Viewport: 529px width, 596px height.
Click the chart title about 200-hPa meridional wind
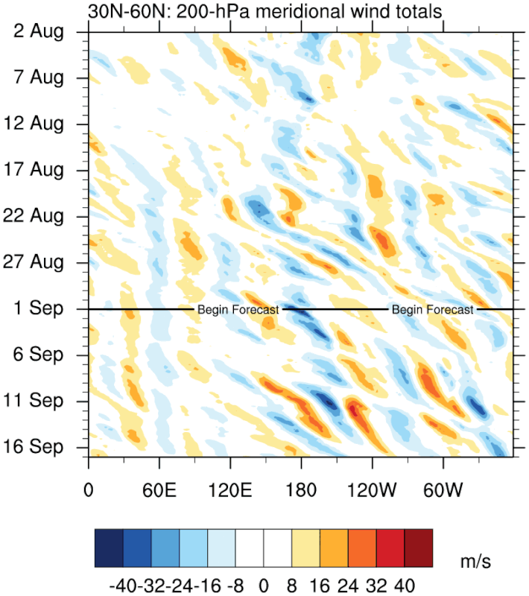tap(265, 11)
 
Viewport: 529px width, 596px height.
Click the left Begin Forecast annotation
tap(238, 309)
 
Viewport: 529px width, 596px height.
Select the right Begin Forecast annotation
tap(432, 309)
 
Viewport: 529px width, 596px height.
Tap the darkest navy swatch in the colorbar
tap(109, 548)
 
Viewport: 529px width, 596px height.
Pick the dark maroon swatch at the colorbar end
tap(418, 548)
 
